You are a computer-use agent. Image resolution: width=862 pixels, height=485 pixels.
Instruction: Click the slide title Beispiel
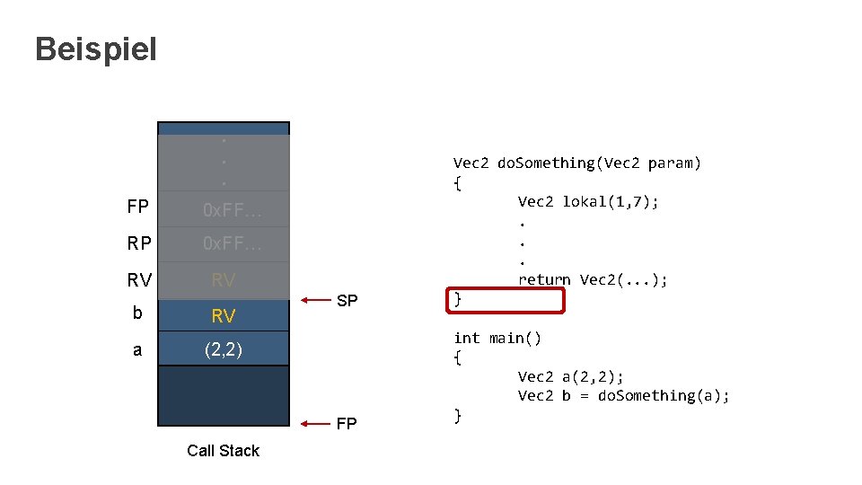coord(95,49)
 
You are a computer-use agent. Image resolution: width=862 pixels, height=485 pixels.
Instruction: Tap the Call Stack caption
coord(223,451)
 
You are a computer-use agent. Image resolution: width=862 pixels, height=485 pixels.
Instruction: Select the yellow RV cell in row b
coord(223,315)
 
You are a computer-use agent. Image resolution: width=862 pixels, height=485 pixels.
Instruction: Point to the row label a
coord(137,349)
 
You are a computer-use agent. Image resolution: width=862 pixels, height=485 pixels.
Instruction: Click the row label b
coord(137,314)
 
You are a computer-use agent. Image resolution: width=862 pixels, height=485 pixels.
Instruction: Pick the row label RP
coord(139,244)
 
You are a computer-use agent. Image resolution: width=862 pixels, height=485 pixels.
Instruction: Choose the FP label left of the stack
coord(138,208)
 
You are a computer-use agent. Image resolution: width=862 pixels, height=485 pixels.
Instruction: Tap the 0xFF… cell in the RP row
coord(233,244)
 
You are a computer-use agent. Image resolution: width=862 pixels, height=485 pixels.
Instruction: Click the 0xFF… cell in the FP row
coord(233,211)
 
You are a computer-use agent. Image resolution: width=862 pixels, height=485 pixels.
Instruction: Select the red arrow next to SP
coord(316,300)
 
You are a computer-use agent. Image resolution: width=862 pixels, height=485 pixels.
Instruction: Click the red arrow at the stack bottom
coord(316,423)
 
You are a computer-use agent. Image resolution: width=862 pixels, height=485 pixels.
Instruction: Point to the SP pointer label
coord(347,301)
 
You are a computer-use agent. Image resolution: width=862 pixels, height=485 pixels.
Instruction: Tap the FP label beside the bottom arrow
coord(347,424)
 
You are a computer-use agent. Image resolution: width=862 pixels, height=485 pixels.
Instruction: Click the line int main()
coord(497,338)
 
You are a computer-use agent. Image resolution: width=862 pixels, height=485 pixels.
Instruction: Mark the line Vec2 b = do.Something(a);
coord(623,396)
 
